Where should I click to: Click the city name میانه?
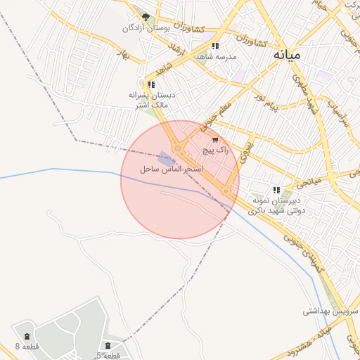[288, 54]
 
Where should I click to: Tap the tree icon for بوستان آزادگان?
[146, 17]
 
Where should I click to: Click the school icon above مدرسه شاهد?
[215, 46]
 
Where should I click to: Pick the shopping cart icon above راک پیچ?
[215, 140]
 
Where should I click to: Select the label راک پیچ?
[215, 150]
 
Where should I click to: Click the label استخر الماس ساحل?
[172, 170]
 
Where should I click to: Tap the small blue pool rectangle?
[166, 158]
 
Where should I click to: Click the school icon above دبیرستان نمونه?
[276, 190]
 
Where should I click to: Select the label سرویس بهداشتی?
[331, 311]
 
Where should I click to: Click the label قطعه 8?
[27, 347]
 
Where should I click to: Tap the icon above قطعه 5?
[107, 345]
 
